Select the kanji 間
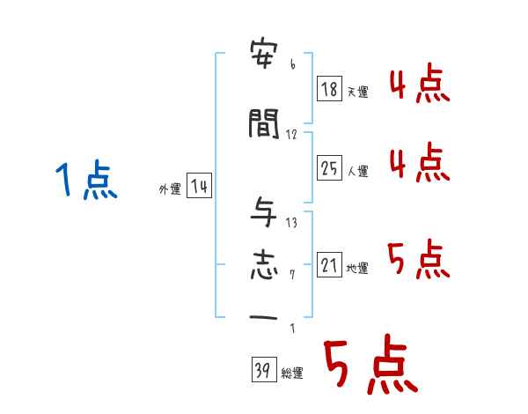[x=265, y=125]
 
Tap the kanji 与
[x=265, y=212]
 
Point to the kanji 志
[x=265, y=265]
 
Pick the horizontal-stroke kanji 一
[x=265, y=317]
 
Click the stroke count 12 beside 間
[x=292, y=135]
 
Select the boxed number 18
[x=329, y=89]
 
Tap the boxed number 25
[x=329, y=167]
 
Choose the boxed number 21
[x=329, y=265]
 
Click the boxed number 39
[x=262, y=370]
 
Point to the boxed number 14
[x=198, y=187]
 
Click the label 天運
[x=356, y=92]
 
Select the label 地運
[x=357, y=268]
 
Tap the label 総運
[x=291, y=373]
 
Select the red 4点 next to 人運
[x=419, y=162]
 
